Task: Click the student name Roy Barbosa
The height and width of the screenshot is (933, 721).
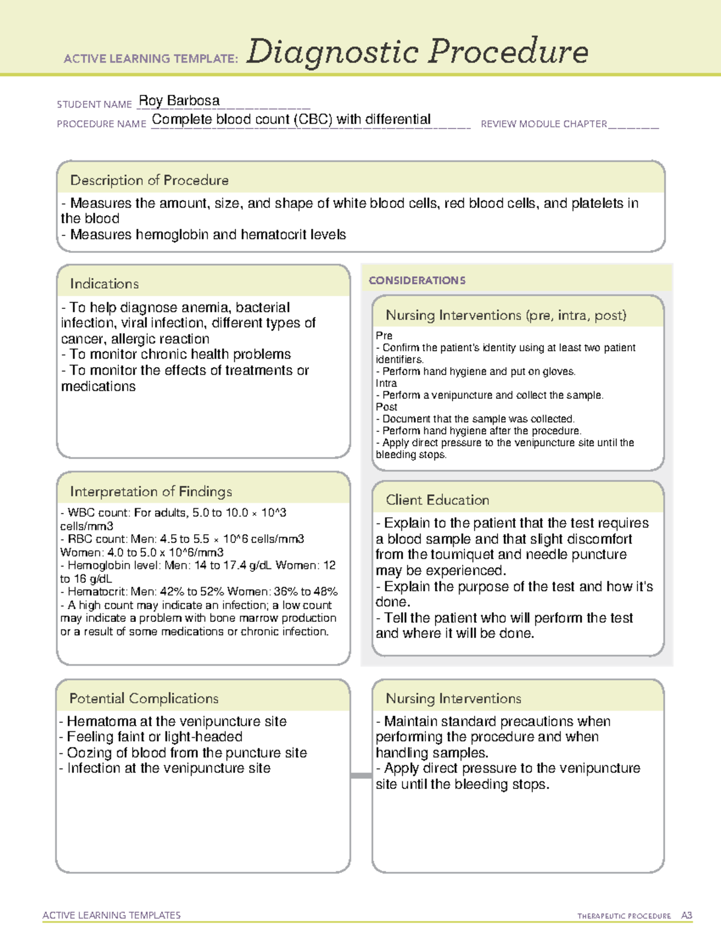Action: pos(179,101)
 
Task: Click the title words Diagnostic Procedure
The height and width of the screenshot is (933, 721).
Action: pos(417,52)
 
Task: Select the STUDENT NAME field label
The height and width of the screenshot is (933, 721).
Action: pos(94,105)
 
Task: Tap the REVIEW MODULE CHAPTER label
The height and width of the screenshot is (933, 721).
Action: pos(544,124)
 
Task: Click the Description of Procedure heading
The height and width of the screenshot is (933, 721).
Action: pos(149,180)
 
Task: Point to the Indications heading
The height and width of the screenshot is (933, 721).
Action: pos(104,284)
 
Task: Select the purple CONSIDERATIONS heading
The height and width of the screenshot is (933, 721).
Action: pos(417,281)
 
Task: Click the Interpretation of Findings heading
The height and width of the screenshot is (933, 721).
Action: pos(151,491)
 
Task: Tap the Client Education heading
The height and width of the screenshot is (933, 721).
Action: pos(437,500)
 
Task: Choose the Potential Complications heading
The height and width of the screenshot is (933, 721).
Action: pos(144,698)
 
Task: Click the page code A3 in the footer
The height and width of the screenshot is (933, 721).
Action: pos(686,916)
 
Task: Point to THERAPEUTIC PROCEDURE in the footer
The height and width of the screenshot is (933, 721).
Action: pos(624,916)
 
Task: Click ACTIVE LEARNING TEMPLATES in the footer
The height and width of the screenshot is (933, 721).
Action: pos(112,915)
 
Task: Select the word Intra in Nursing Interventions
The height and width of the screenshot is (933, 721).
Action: pos(386,383)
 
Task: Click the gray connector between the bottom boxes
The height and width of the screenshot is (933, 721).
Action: pos(361,776)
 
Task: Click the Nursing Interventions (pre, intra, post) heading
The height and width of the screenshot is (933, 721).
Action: pos(506,315)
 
